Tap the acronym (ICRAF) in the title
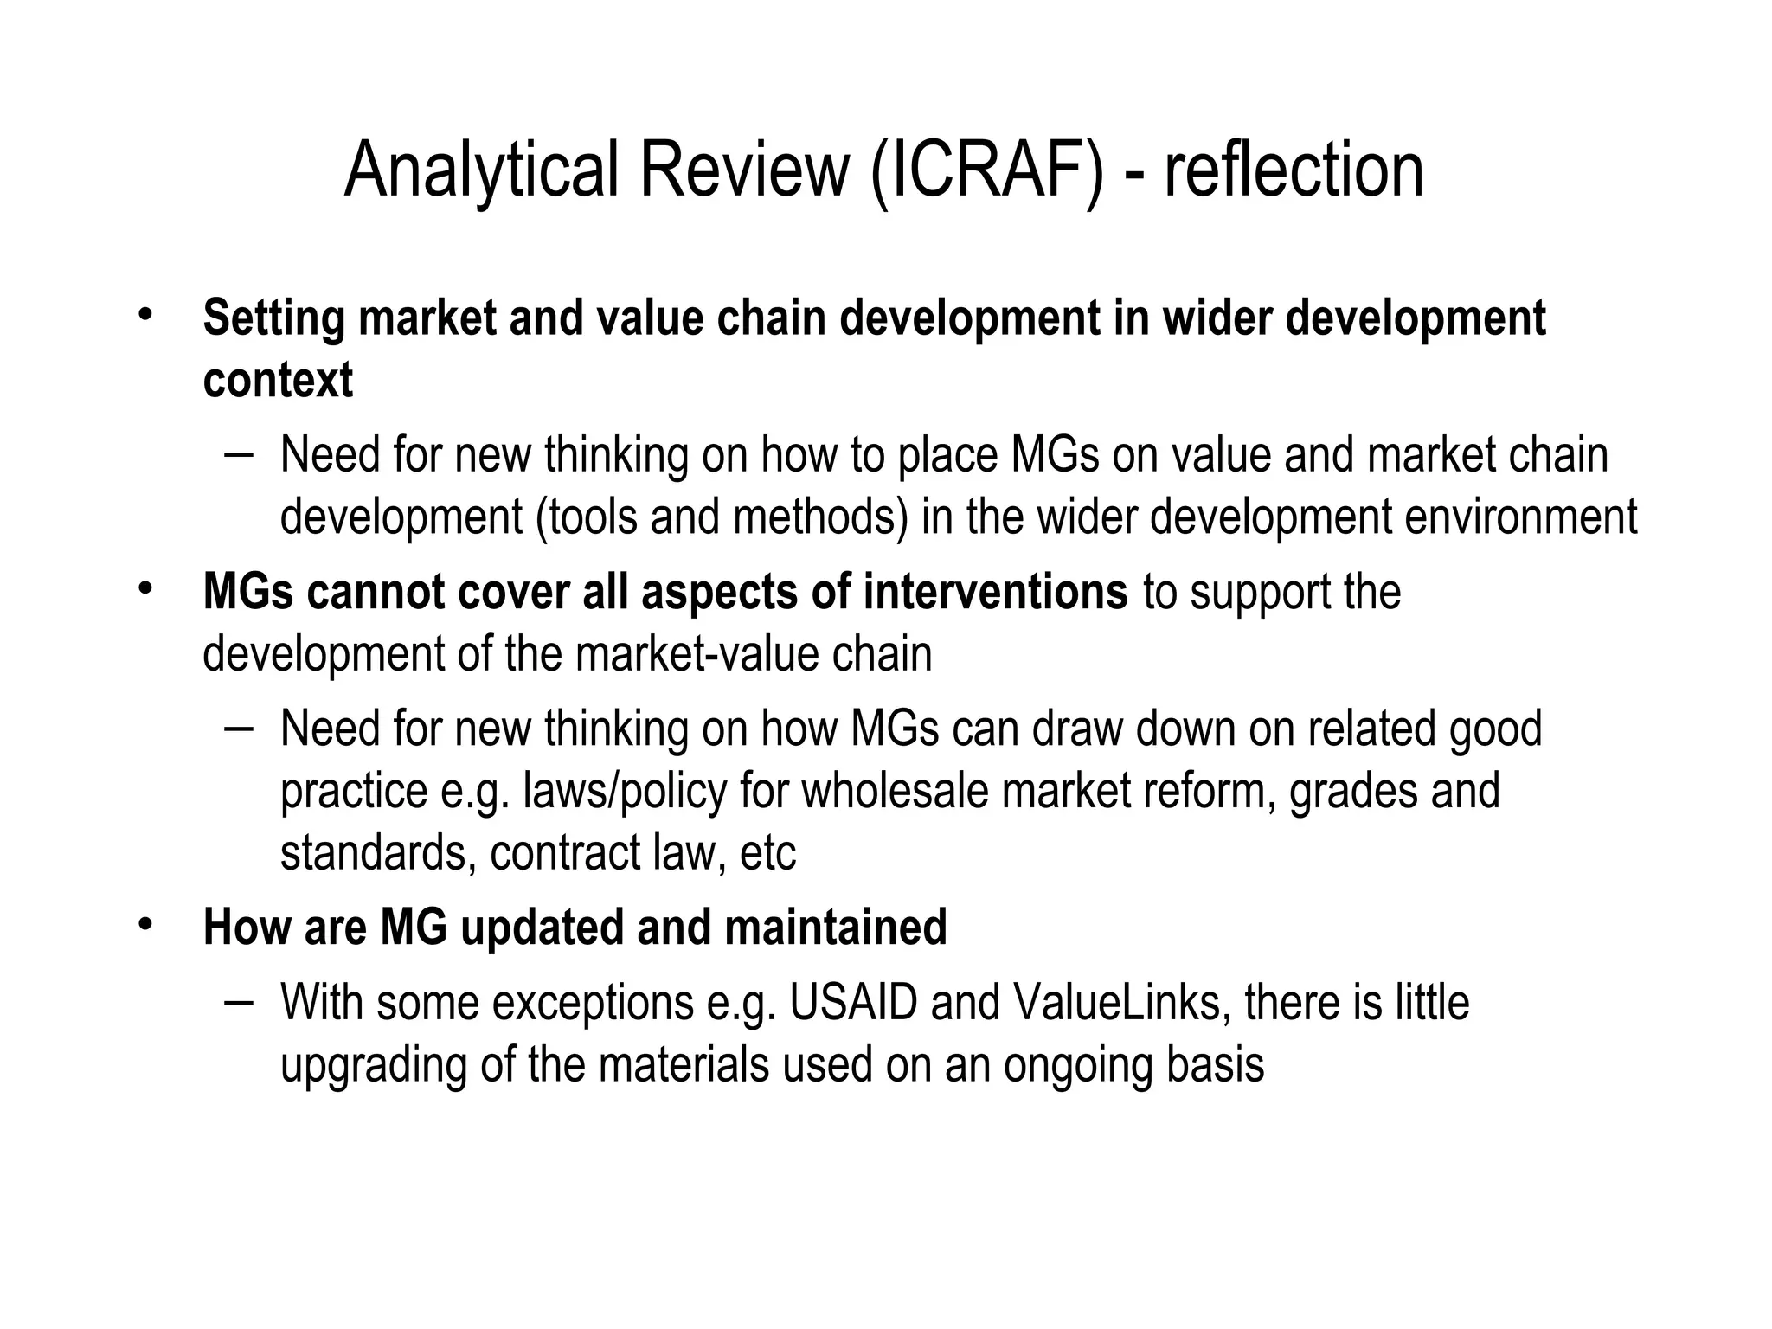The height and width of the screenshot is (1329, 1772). pos(987,170)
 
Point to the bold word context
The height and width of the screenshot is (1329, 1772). pos(278,381)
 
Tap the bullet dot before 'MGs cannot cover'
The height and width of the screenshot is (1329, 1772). pos(144,588)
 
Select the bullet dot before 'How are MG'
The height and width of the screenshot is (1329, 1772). pos(144,923)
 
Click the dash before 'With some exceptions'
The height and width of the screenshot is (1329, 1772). pos(238,1001)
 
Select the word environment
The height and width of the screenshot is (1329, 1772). pos(1520,517)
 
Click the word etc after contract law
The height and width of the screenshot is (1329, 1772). pos(768,854)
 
